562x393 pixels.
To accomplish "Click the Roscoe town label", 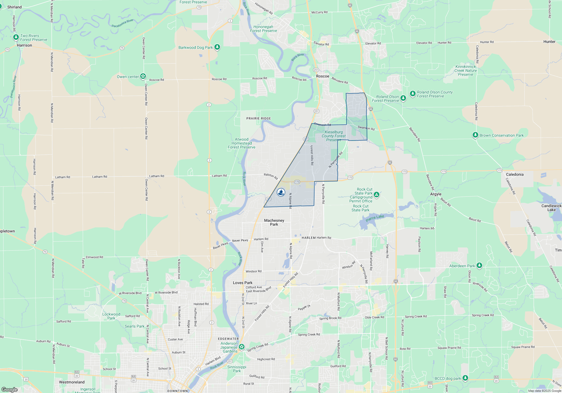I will (x=322, y=76).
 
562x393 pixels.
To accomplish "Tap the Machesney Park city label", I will (x=274, y=222).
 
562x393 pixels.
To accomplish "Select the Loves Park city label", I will (x=243, y=283).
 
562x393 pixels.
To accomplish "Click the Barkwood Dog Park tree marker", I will (x=217, y=47).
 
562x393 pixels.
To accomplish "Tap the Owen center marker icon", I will (x=143, y=76).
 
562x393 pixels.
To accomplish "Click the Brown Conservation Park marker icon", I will (x=475, y=135).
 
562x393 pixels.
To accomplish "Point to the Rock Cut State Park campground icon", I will (x=377, y=195).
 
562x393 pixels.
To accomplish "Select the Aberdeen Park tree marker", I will (x=479, y=265).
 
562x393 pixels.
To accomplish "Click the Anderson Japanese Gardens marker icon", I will (x=242, y=347).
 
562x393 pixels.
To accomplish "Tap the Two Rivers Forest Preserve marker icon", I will (x=16, y=38).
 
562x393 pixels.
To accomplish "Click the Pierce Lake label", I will (x=375, y=218).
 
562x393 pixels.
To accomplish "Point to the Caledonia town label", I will (x=515, y=174).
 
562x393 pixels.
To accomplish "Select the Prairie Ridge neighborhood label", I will (x=259, y=118).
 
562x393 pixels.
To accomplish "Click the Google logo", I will (x=10, y=390).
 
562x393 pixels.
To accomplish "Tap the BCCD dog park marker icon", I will (x=465, y=378).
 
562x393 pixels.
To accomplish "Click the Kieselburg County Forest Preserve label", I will (x=334, y=136).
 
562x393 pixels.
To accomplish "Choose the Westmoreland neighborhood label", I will (x=72, y=382).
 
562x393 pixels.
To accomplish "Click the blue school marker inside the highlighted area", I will (x=281, y=192).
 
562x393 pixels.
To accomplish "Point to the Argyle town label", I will (x=436, y=194).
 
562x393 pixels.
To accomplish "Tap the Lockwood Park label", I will (x=111, y=316).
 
